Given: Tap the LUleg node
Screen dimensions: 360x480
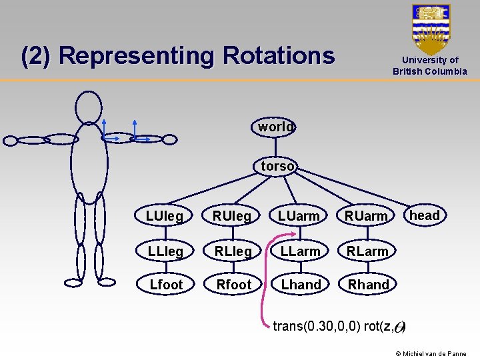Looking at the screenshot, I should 165,215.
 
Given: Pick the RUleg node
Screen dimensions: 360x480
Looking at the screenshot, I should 231,215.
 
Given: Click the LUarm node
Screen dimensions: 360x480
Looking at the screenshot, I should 299,215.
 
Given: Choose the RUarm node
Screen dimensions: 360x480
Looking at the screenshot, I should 366,215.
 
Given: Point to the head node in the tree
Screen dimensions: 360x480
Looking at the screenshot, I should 425,215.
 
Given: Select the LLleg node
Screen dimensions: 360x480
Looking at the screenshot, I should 165,251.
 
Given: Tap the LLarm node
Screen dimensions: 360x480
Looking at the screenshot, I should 299,251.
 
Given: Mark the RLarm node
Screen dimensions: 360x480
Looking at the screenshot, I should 367,251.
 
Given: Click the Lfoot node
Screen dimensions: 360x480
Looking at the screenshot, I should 166,285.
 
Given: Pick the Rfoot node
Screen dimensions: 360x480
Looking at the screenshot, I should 233,285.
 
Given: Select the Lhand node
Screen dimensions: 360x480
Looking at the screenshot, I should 301,285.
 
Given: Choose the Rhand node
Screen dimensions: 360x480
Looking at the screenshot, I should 368,285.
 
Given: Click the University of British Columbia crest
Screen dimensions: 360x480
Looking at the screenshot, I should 431,29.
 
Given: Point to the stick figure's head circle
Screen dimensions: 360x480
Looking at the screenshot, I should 89,107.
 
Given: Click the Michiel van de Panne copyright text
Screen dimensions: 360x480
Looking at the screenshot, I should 431,353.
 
